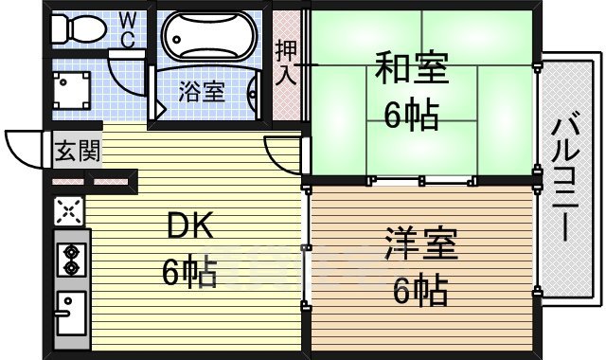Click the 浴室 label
pos(202,92)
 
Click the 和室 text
pos(410,71)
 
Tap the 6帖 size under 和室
pos(410,116)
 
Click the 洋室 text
pos(421,244)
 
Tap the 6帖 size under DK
pos(189,272)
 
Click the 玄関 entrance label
pos(76,150)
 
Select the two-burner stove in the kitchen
pos(70,259)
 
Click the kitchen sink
pos(70,311)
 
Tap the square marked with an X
pos(69,210)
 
